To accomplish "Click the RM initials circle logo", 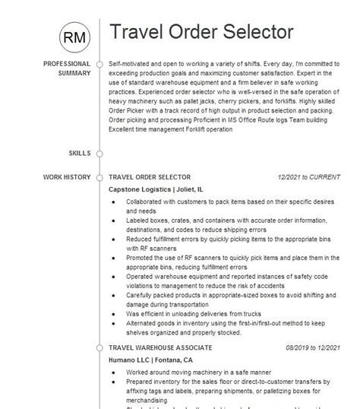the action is (x=74, y=36).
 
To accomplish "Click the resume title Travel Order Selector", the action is (x=201, y=33).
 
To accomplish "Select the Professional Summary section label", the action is (x=66, y=68).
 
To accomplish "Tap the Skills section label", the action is (x=78, y=154).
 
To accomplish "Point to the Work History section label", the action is (x=67, y=177).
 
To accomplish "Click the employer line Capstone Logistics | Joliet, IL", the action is (x=156, y=189).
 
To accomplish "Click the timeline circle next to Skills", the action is (x=99, y=154).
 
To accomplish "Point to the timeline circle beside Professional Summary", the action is (x=99, y=64).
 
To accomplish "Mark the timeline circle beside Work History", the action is (x=99, y=177).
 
